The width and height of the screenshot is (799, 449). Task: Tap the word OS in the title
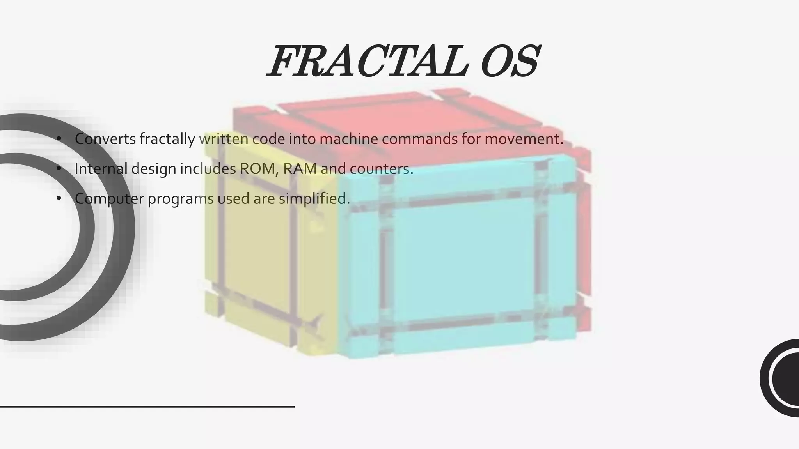coord(510,62)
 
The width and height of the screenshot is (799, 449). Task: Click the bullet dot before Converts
coord(59,139)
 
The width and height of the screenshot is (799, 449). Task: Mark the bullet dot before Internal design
coord(59,169)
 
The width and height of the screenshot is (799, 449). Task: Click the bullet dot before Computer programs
coord(59,199)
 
